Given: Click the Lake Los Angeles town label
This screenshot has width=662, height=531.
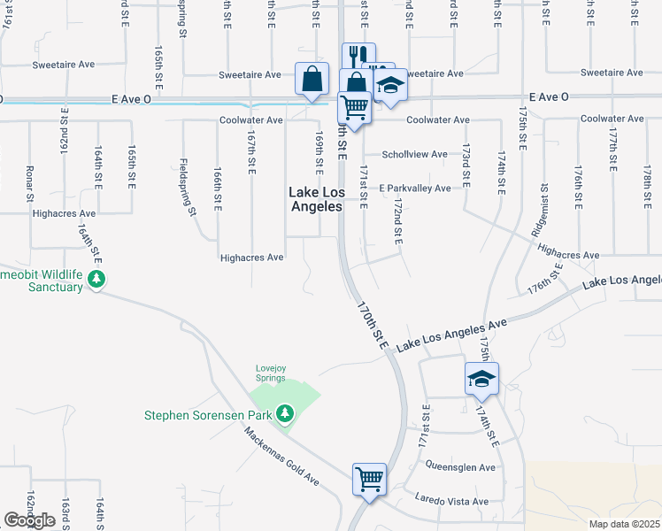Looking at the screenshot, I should [x=316, y=199].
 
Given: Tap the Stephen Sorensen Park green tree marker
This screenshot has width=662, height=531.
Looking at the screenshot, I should [x=284, y=413].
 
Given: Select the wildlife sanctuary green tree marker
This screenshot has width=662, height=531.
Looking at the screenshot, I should [x=96, y=281].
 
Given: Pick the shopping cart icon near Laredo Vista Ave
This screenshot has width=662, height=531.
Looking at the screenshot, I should [x=369, y=479].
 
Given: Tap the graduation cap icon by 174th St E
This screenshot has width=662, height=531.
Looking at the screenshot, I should [x=481, y=379].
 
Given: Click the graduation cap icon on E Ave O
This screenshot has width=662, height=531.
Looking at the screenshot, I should [x=389, y=86].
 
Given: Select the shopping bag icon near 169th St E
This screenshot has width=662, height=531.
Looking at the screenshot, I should [x=313, y=79].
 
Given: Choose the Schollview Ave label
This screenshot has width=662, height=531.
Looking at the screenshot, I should [x=415, y=154].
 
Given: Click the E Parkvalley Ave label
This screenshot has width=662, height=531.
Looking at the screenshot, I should [x=414, y=188].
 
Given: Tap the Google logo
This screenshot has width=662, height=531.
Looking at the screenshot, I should [x=29, y=520].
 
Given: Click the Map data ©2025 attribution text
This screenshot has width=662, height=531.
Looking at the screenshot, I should [x=624, y=524].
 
